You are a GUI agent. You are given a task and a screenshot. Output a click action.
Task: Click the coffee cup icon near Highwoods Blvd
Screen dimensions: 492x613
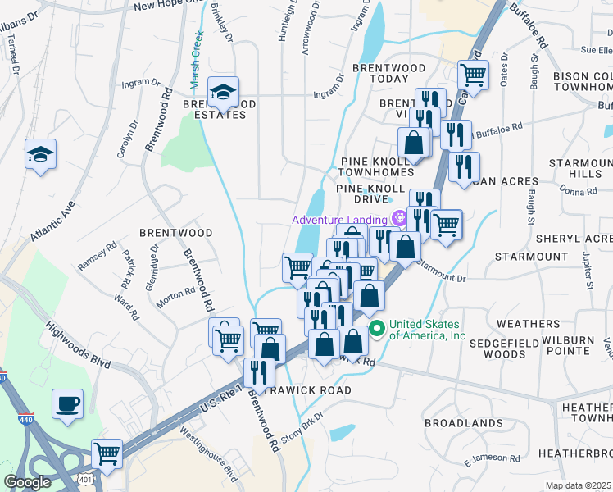point(67,403)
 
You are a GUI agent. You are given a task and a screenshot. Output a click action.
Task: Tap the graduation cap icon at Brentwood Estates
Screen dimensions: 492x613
point(222,93)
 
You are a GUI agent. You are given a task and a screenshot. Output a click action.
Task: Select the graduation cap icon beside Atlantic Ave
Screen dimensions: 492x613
point(39,154)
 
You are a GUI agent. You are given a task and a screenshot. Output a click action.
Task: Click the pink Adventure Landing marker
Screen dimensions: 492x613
point(399,218)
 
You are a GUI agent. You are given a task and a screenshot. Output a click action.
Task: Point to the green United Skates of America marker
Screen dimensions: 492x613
point(377,330)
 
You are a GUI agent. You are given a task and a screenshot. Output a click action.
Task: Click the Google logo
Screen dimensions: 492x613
point(27,482)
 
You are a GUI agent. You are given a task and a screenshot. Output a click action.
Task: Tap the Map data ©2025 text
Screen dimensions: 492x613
point(578,485)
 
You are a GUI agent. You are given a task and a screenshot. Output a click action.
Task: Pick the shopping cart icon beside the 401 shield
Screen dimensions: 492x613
point(107,452)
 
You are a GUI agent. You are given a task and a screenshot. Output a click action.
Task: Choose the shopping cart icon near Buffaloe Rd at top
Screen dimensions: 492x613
point(473,75)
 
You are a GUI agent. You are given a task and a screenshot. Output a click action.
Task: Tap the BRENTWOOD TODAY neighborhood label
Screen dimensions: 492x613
point(389,73)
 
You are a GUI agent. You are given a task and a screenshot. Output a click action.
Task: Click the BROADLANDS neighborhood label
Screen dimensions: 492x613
point(464,422)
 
